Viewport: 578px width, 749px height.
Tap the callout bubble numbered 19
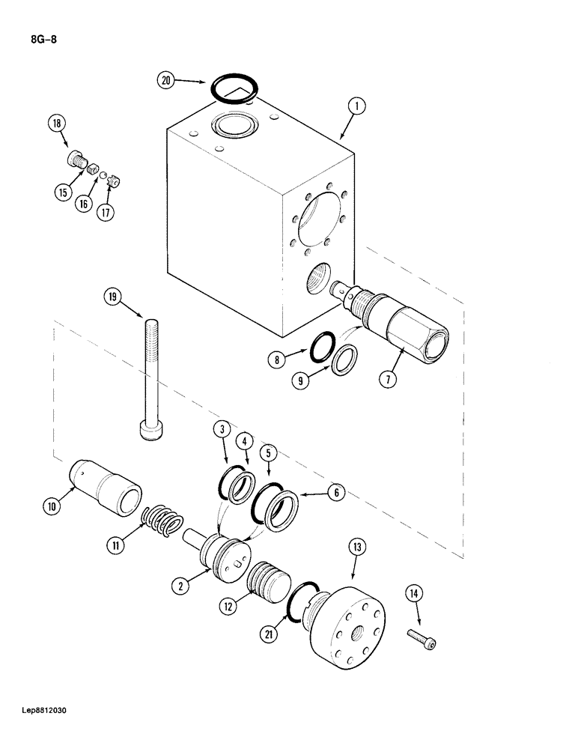[113, 298]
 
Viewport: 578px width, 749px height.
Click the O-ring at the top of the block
[234, 88]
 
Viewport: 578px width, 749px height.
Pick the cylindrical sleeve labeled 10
[109, 488]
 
